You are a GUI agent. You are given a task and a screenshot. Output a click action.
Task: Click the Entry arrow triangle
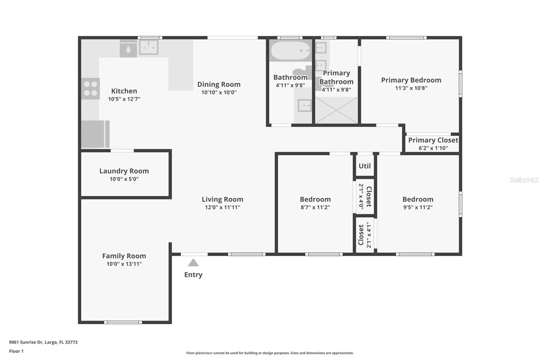pyautogui.click(x=193, y=263)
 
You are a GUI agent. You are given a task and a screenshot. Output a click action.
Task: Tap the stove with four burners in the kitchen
pyautogui.click(x=90, y=88)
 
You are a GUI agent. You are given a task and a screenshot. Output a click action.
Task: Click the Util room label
pyautogui.click(x=364, y=166)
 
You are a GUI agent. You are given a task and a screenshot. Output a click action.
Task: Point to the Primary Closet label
pyautogui.click(x=433, y=140)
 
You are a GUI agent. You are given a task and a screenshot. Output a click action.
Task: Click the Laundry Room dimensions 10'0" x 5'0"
pyautogui.click(x=124, y=179)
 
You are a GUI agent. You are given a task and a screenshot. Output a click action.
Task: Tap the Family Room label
pyautogui.click(x=124, y=256)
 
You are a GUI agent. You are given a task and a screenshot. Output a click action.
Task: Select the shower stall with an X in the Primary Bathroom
pyautogui.click(x=336, y=110)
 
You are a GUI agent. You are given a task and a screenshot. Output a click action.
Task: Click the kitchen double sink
pyautogui.click(x=148, y=47)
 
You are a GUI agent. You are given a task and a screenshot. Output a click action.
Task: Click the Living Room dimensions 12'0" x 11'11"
pyautogui.click(x=222, y=207)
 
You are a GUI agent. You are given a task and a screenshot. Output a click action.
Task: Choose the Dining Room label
pyautogui.click(x=219, y=84)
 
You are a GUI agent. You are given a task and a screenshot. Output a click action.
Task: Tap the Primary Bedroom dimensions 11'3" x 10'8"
pyautogui.click(x=411, y=88)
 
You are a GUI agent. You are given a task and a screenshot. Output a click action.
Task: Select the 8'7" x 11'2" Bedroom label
pyautogui.click(x=315, y=199)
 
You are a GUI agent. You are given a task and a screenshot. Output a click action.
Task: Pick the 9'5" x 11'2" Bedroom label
pyautogui.click(x=418, y=199)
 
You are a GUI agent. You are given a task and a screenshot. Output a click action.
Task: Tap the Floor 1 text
pyautogui.click(x=16, y=351)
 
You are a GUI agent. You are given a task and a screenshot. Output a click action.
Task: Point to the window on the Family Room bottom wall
pyautogui.click(x=123, y=322)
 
